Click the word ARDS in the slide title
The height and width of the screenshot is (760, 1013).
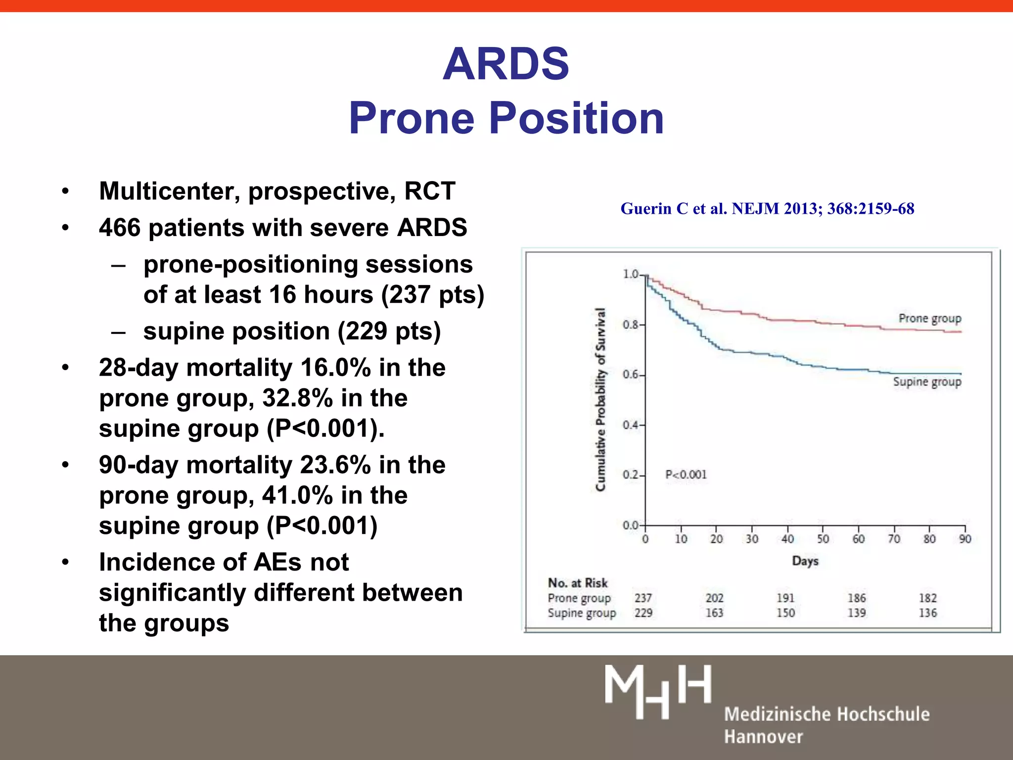pyautogui.click(x=506, y=64)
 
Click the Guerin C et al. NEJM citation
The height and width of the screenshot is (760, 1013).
pyautogui.click(x=767, y=208)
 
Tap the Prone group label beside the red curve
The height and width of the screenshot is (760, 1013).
pyautogui.click(x=929, y=318)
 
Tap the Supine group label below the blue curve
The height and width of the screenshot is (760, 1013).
pyautogui.click(x=927, y=382)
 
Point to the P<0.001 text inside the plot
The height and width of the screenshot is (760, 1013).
pyautogui.click(x=686, y=475)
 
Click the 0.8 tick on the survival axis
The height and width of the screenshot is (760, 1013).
pyautogui.click(x=630, y=325)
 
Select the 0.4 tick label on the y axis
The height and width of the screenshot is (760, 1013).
pyautogui.click(x=630, y=425)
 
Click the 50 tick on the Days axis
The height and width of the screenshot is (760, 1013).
pyautogui.click(x=823, y=539)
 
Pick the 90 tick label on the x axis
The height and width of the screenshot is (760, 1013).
pyautogui.click(x=965, y=539)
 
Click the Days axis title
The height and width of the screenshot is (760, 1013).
pyautogui.click(x=805, y=561)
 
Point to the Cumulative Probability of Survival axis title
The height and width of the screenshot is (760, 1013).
pyautogui.click(x=600, y=399)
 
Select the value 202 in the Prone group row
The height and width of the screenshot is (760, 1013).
pyautogui.click(x=714, y=598)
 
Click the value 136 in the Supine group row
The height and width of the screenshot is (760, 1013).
pyautogui.click(x=927, y=613)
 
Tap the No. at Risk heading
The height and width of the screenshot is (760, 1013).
pyautogui.click(x=577, y=583)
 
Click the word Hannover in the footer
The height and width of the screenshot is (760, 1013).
pyautogui.click(x=763, y=737)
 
